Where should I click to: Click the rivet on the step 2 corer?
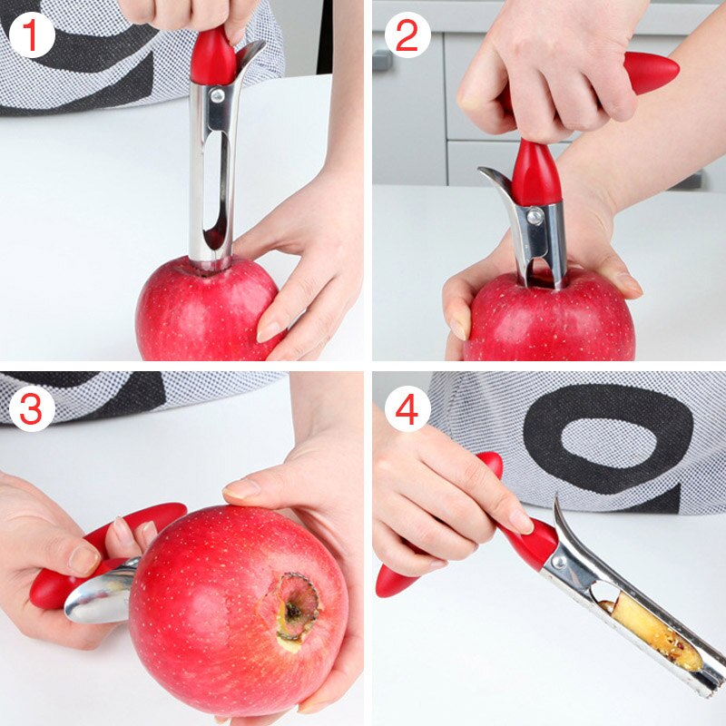pos(535,217)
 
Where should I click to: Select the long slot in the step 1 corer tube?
pos(212,181)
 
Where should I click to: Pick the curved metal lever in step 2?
pos(497,186)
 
